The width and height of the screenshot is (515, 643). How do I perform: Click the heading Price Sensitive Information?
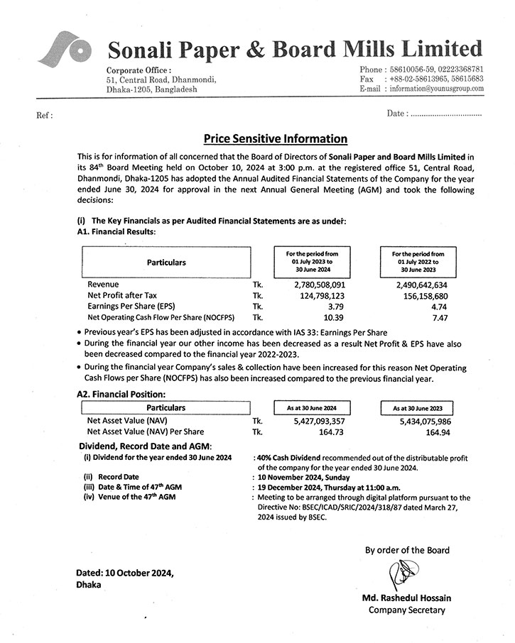pyautogui.click(x=276, y=139)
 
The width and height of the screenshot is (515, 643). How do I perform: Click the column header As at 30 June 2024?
pyautogui.click(x=312, y=408)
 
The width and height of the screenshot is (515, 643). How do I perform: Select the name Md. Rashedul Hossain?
pyautogui.click(x=406, y=598)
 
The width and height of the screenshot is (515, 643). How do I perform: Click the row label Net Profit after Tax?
pyautogui.click(x=125, y=295)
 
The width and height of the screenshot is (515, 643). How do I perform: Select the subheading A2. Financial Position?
pyautogui.click(x=121, y=394)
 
